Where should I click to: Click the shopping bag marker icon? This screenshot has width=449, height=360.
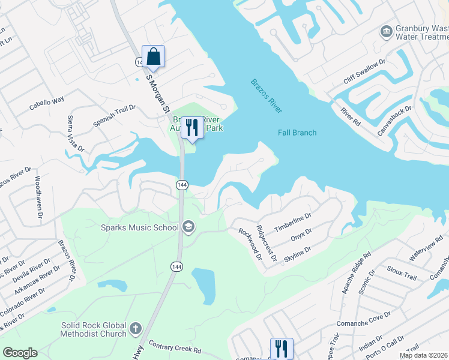click(x=153, y=56)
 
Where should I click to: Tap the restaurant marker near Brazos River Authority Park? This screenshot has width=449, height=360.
click(x=192, y=128)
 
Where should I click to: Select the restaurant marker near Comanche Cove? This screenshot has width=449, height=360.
click(x=281, y=349)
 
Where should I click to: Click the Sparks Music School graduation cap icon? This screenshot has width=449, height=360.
click(x=188, y=227)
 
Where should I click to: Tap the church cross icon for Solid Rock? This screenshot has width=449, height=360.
click(x=136, y=329)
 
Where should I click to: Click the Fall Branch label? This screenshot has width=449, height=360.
click(x=297, y=133)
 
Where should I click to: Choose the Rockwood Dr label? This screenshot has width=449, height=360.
click(x=250, y=244)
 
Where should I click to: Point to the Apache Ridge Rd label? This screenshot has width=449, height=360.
click(x=357, y=278)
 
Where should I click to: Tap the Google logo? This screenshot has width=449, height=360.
click(x=20, y=353)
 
